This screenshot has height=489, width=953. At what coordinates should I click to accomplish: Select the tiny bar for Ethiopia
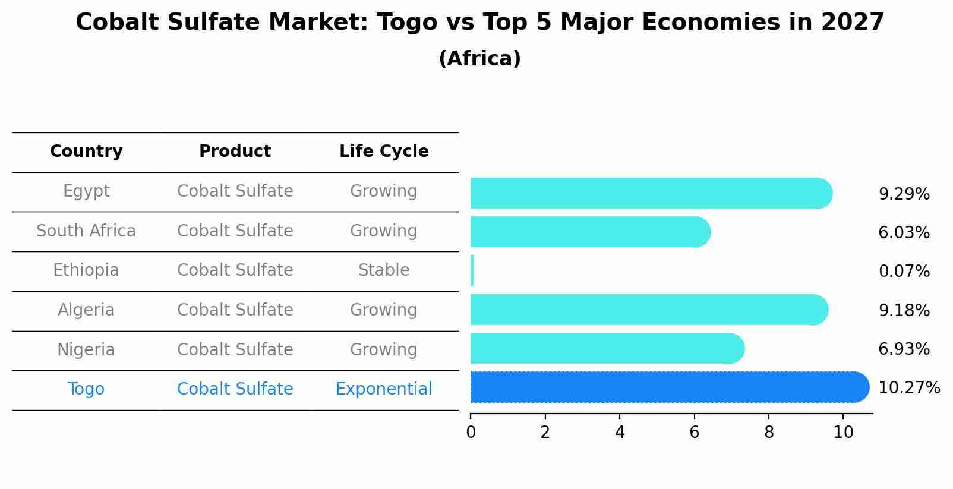472,271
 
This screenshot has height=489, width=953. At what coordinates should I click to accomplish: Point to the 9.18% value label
904,310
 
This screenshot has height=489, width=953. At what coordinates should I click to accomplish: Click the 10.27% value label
908,388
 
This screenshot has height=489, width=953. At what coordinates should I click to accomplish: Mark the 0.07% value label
904,272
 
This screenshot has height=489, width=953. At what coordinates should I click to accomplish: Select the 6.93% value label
904,349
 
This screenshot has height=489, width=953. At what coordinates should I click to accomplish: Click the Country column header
86,152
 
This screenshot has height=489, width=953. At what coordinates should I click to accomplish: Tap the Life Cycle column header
384,152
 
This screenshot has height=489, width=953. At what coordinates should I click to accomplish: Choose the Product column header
235,152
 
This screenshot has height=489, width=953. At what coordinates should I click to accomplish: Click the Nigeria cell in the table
86,349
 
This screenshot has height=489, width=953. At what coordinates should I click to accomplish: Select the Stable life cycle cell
384,270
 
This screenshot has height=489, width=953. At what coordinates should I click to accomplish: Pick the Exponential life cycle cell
384,389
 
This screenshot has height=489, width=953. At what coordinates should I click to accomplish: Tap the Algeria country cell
86,310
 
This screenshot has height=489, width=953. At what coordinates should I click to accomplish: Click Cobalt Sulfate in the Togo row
235,389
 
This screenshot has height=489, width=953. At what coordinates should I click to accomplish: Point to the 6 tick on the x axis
694,433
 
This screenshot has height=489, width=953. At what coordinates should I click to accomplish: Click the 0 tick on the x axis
471,433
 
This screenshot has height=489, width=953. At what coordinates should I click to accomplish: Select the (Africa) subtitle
479,59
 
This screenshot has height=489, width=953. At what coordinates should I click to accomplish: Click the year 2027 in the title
853,23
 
